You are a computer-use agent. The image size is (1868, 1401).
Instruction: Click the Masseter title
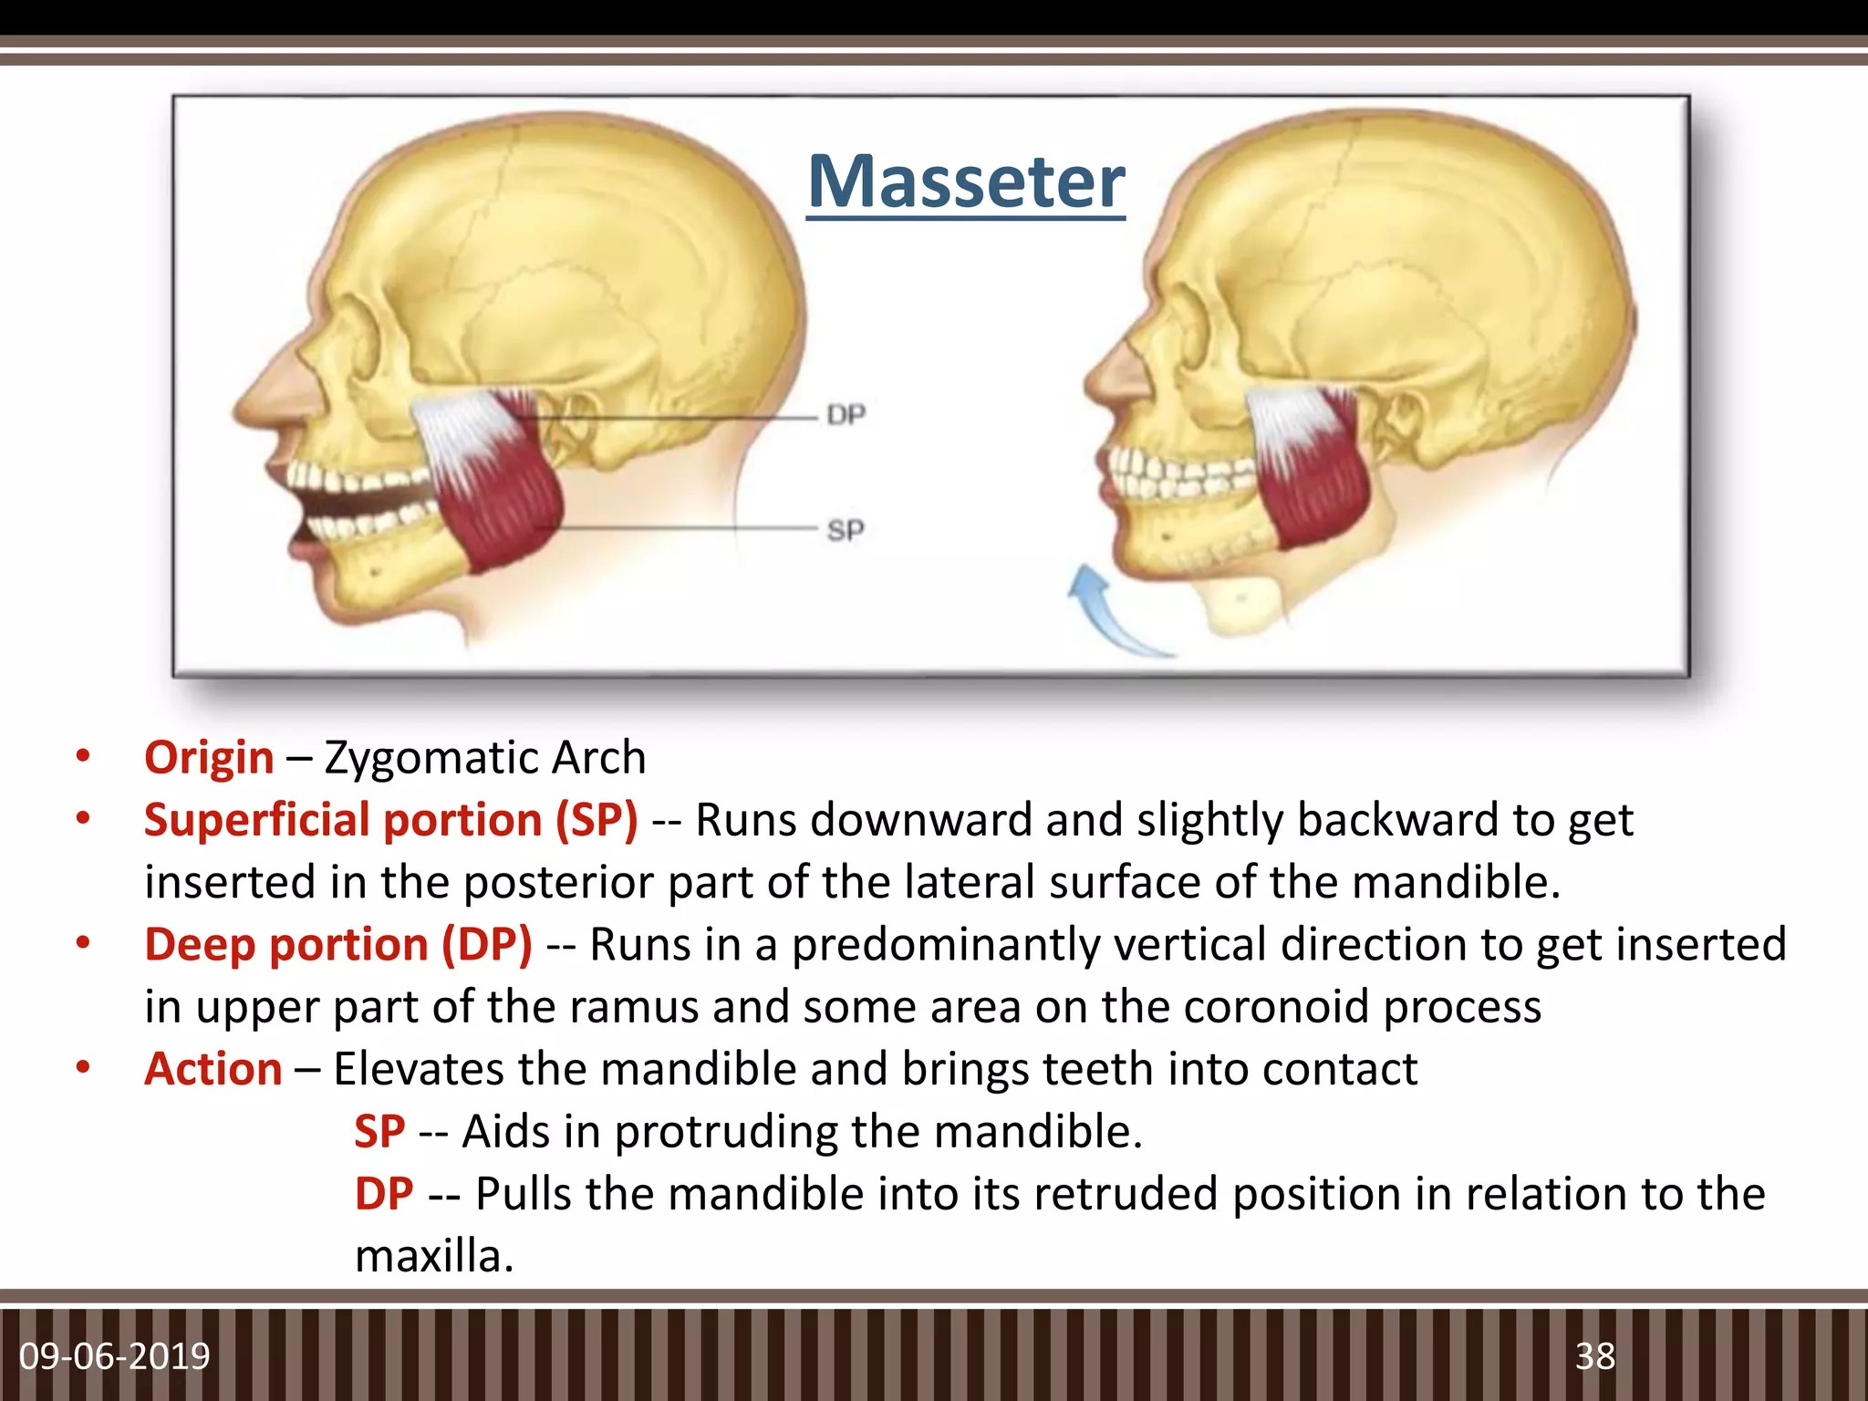[x=966, y=182]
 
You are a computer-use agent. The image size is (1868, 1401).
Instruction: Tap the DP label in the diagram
[x=846, y=416]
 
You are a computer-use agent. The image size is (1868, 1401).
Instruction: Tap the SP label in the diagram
[x=845, y=530]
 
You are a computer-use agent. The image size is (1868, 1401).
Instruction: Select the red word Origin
[x=209, y=758]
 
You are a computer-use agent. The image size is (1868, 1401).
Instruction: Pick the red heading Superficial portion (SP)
[x=390, y=820]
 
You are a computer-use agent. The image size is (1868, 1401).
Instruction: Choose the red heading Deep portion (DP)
[x=337, y=944]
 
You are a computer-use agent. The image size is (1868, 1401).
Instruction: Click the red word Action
[x=213, y=1069]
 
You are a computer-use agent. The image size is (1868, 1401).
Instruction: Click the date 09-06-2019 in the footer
[x=115, y=1356]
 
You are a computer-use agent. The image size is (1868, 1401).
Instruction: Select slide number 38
[x=1595, y=1356]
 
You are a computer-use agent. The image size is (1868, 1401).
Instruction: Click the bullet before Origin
[x=83, y=757]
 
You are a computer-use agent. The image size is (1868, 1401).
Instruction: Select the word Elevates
[x=417, y=1069]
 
